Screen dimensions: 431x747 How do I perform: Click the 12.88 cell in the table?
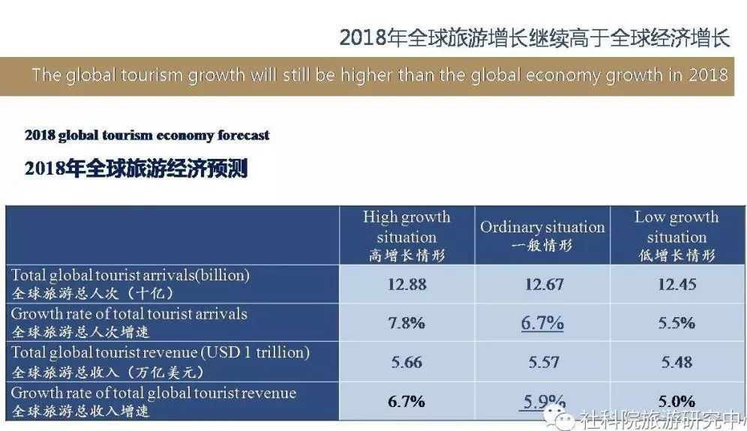406,284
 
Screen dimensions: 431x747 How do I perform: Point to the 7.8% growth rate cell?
406,323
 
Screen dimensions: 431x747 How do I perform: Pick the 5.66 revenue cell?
406,362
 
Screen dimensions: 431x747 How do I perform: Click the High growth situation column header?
406,236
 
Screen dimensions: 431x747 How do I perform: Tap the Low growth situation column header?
676,236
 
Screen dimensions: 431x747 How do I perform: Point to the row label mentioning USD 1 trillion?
160,352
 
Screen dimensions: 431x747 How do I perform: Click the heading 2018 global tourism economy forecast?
147,136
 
